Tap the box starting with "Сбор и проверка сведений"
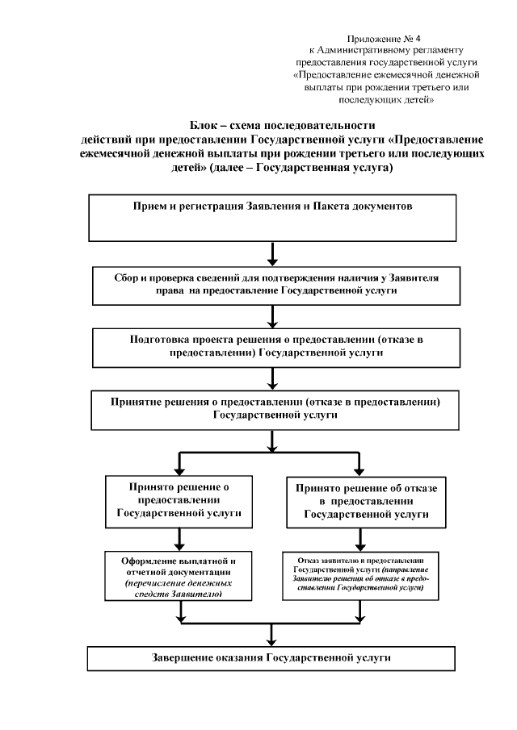point(277,284)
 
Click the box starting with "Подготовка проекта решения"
point(277,346)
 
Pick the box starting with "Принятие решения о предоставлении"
point(277,408)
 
